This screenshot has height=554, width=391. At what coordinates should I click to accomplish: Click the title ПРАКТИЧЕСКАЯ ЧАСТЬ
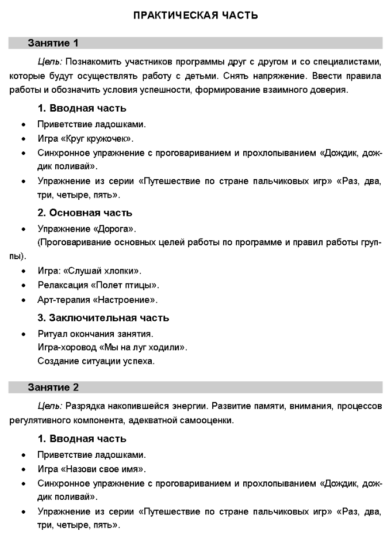click(195, 16)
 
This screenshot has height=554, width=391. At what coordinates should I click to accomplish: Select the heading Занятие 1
click(53, 43)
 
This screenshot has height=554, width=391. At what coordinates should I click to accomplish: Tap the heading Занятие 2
click(53, 387)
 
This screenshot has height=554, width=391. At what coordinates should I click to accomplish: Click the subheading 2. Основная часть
click(85, 213)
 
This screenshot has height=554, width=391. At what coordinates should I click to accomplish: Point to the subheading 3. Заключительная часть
click(103, 317)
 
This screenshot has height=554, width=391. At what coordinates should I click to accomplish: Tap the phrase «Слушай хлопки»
click(112, 271)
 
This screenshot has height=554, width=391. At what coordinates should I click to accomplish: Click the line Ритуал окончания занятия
click(95, 333)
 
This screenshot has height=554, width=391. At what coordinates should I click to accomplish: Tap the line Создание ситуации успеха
click(96, 362)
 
